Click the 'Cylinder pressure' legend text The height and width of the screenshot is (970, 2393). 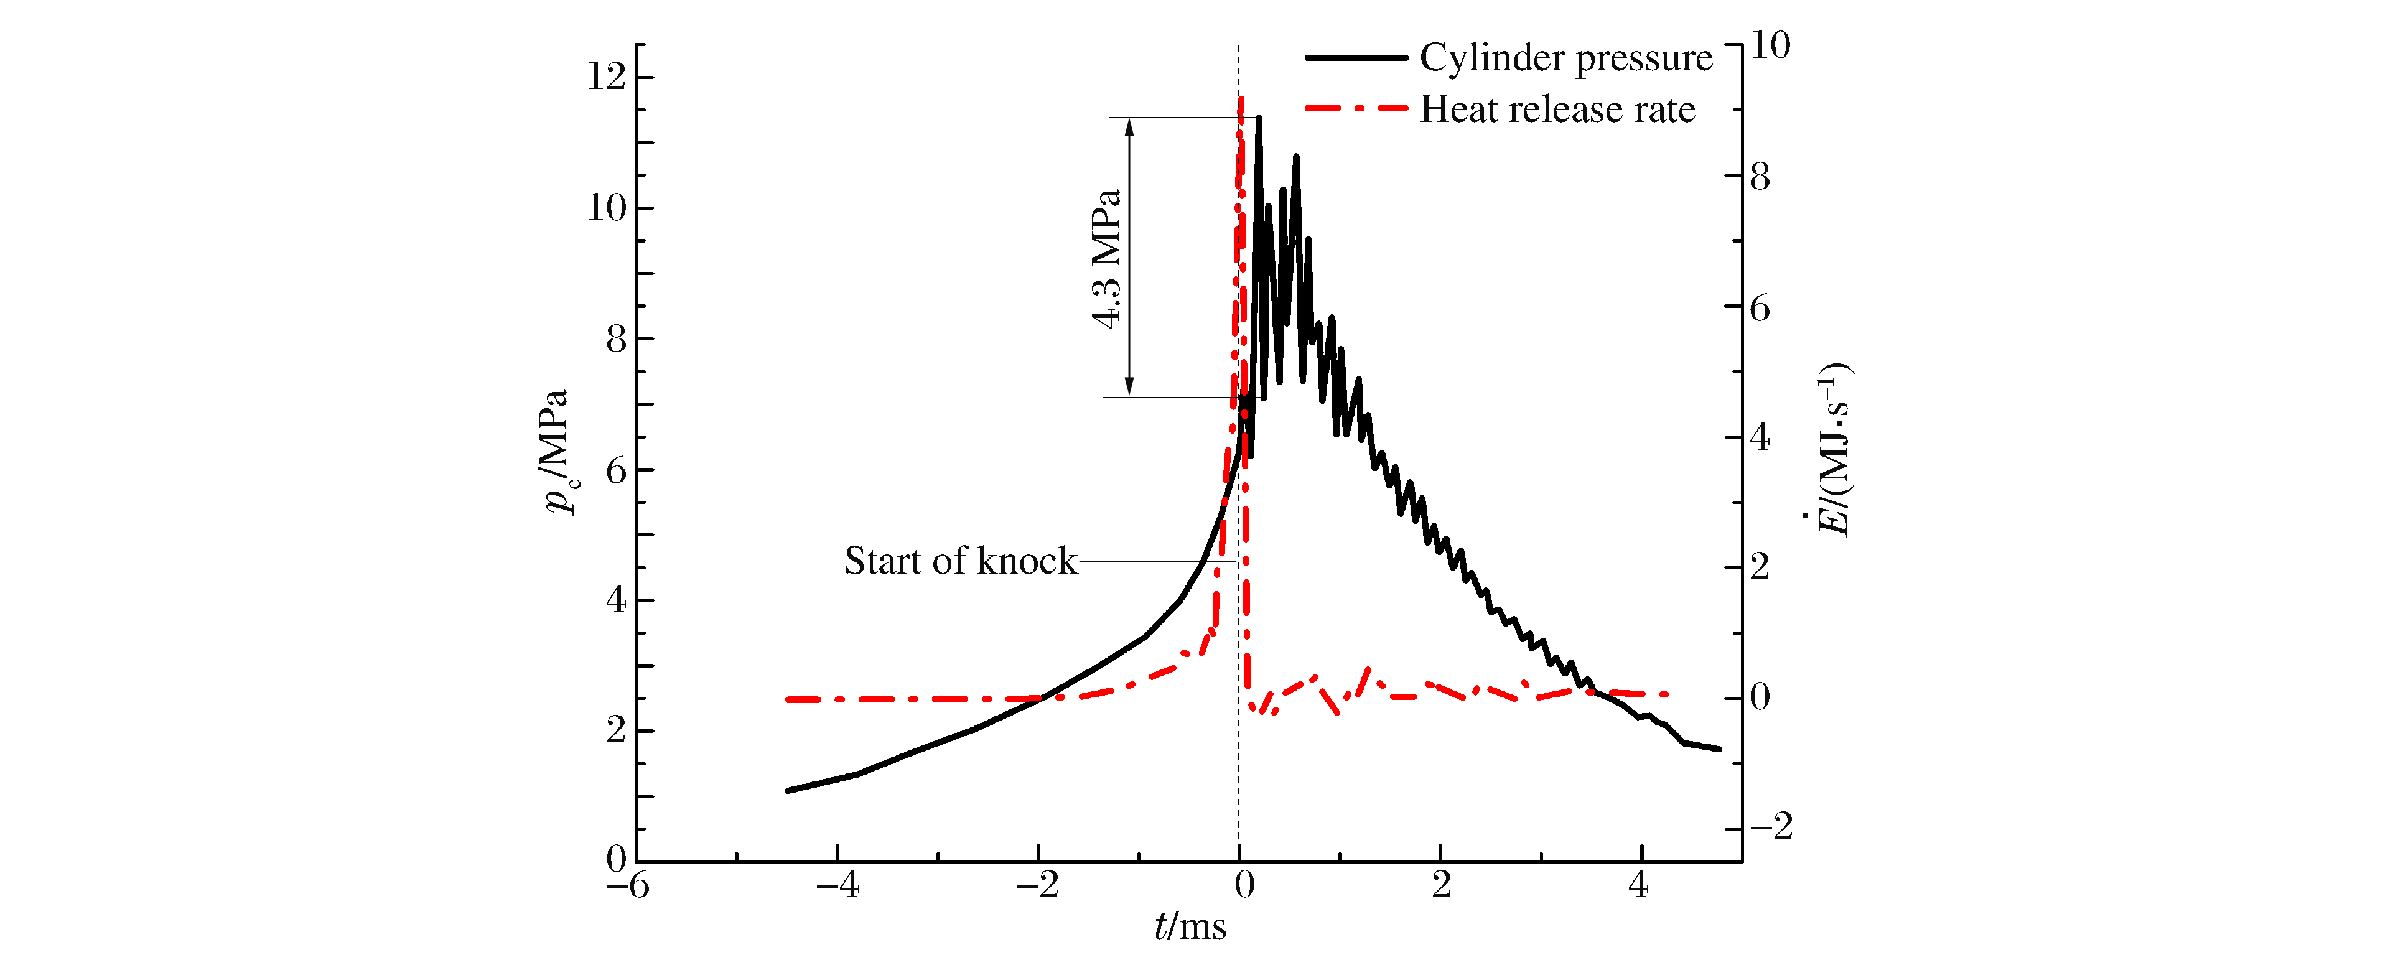pyautogui.click(x=1565, y=58)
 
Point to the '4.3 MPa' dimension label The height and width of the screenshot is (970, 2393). pyautogui.click(x=1106, y=258)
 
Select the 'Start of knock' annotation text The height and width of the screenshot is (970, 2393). pyautogui.click(x=959, y=561)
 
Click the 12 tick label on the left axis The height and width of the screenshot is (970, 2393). pyautogui.click(x=607, y=76)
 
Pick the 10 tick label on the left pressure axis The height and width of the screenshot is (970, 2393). pyautogui.click(x=607, y=207)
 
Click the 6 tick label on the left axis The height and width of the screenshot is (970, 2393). pyautogui.click(x=616, y=470)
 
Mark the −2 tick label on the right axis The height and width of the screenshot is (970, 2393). pyautogui.click(x=1771, y=826)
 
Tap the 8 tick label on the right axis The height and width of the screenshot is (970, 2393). pyautogui.click(x=1760, y=177)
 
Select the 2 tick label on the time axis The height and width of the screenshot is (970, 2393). pyautogui.click(x=1441, y=885)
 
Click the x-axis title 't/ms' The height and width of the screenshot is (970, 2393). pyautogui.click(x=1190, y=926)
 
